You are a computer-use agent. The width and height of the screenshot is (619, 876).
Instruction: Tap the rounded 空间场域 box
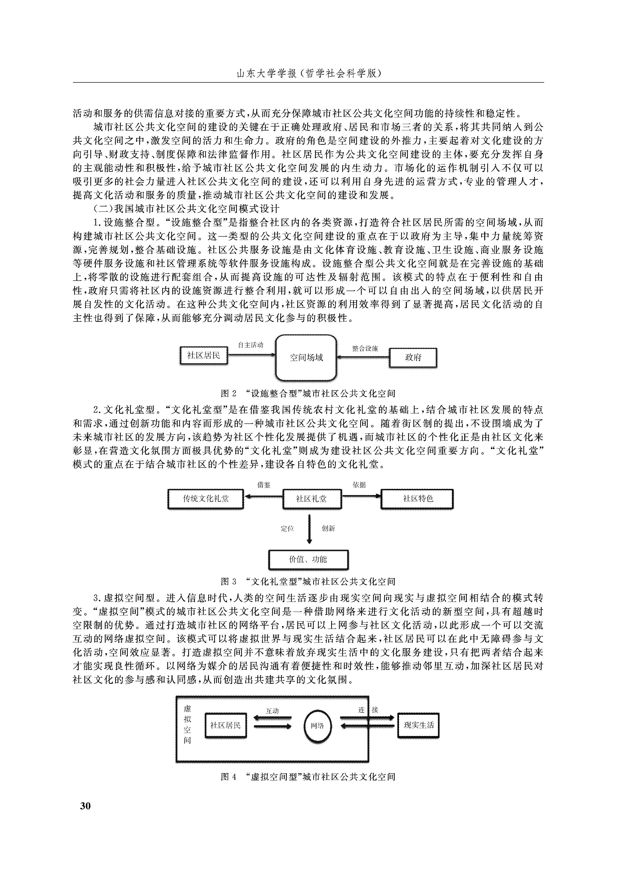click(x=306, y=357)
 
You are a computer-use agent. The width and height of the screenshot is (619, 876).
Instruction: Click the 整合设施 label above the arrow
click(x=365, y=348)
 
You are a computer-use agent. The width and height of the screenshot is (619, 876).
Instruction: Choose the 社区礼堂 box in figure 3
click(x=311, y=499)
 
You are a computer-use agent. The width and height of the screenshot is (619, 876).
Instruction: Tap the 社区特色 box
click(x=417, y=499)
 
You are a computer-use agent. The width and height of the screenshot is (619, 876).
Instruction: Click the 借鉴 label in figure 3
click(x=264, y=485)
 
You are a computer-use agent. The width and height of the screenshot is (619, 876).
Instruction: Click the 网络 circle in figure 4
click(x=317, y=726)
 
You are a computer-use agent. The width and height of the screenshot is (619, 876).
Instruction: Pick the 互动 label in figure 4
click(x=272, y=711)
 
